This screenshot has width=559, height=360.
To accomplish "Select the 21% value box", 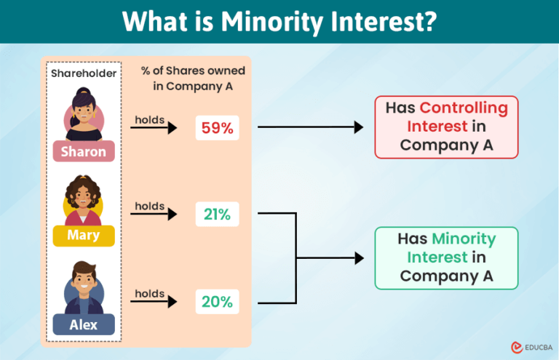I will [217, 215].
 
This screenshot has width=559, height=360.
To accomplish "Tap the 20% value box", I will [217, 301].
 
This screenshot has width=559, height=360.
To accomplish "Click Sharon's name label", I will [84, 152].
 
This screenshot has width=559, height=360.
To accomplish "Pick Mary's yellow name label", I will [84, 236].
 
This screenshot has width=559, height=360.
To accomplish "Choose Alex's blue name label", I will [84, 324].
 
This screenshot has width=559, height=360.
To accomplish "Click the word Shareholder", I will [83, 73].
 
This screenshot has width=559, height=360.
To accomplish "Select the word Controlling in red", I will [463, 108].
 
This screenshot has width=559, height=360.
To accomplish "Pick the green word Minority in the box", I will [463, 239].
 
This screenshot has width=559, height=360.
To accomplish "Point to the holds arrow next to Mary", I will [154, 215].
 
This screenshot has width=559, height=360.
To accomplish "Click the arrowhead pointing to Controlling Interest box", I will [358, 128].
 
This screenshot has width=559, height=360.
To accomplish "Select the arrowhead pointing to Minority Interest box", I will [358, 258].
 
